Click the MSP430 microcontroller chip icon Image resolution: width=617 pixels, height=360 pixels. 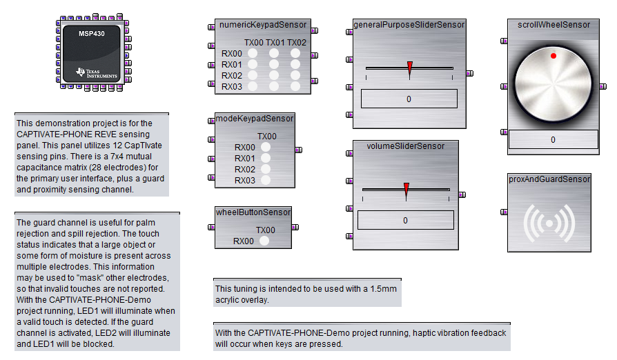(91, 52)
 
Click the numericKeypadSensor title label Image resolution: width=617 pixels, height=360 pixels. (263, 25)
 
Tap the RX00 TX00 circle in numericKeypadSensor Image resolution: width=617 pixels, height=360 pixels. (253, 54)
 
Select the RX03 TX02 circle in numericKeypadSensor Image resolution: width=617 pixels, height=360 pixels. (296, 86)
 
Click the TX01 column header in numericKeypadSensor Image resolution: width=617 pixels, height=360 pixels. (275, 43)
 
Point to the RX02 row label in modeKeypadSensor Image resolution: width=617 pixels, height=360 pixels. (245, 170)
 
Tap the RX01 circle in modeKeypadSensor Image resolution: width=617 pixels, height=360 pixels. (266, 159)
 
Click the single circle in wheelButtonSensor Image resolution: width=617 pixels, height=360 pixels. (264, 241)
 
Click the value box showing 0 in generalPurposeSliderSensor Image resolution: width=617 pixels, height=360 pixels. (409, 99)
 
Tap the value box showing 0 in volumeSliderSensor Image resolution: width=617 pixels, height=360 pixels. (405, 220)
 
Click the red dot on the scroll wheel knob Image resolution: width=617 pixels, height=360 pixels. (553, 55)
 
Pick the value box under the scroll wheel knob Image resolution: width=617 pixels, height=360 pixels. (553, 139)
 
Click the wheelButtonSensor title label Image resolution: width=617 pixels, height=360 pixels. (253, 212)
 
